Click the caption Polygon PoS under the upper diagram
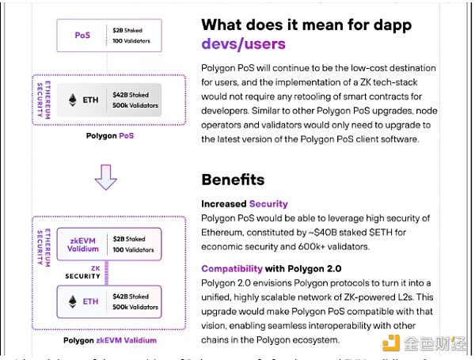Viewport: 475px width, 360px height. pyautogui.click(x=110, y=136)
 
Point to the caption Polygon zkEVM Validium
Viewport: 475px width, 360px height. pyautogui.click(x=110, y=340)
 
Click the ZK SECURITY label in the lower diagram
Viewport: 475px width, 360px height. pyautogui.click(x=82, y=271)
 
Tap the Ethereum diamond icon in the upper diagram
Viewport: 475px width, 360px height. pyautogui.click(x=73, y=100)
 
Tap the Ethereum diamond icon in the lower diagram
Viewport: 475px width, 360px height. pyautogui.click(x=73, y=301)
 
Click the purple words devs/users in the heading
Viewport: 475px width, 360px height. pyautogui.click(x=243, y=44)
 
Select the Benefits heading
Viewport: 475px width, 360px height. pyautogui.click(x=233, y=180)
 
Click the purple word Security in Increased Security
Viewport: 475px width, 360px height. pyautogui.click(x=268, y=203)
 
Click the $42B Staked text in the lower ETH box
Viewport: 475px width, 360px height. pyautogui.click(x=133, y=296)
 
